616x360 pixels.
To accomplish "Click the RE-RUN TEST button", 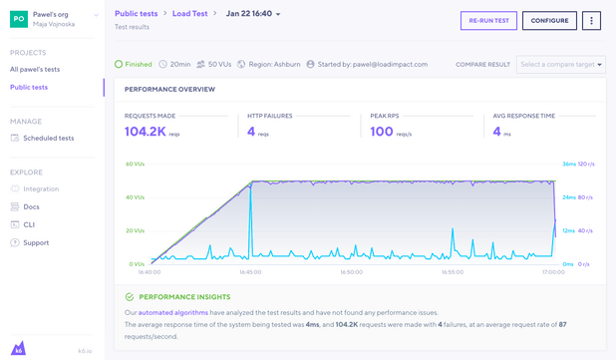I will tap(488, 20).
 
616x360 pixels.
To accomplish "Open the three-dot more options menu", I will tap(591, 20).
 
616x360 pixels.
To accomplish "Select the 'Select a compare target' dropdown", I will tap(560, 65).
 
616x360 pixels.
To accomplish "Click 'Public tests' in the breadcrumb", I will tap(136, 14).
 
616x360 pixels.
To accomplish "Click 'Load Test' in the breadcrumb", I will tap(189, 14).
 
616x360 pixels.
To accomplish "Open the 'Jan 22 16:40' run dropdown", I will tap(253, 14).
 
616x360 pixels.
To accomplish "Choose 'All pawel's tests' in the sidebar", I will tap(35, 70).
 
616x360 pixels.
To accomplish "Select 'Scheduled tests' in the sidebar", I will tap(48, 139).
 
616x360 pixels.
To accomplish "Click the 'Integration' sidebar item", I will tap(41, 188).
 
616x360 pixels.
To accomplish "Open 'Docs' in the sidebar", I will tap(31, 206).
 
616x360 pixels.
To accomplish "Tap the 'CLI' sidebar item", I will tap(29, 224).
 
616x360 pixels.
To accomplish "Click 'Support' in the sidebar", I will tap(36, 242).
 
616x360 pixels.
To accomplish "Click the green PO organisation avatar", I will tap(19, 19).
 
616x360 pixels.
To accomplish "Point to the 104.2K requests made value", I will tap(146, 132).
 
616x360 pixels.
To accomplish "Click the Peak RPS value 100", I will tap(381, 132).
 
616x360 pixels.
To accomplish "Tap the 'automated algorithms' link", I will tap(173, 313).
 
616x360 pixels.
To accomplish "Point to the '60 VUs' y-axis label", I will tap(135, 165).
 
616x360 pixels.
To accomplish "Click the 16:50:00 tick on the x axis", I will tap(351, 272).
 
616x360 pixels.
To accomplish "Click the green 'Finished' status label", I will tap(138, 65).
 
